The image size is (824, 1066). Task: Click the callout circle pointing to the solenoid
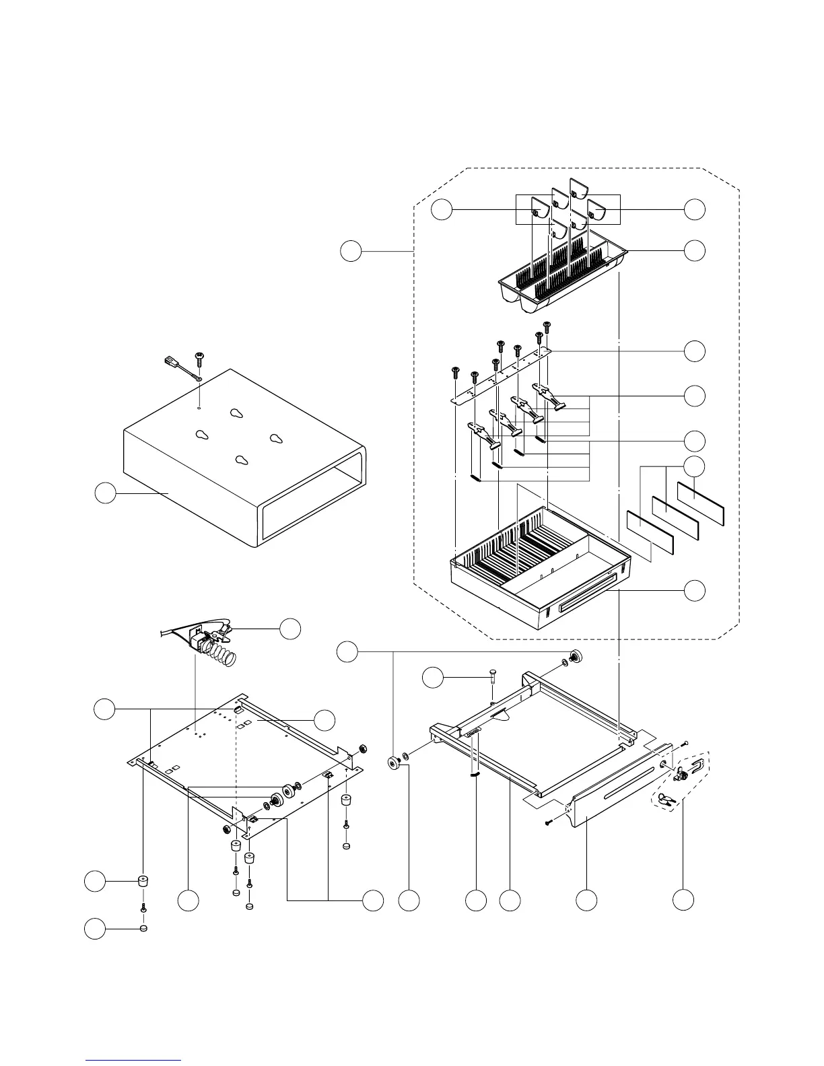(290, 629)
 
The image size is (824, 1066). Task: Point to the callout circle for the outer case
(104, 493)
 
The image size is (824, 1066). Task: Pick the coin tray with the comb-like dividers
(562, 279)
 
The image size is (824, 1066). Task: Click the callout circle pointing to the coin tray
(695, 250)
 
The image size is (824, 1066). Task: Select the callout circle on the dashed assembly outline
(350, 251)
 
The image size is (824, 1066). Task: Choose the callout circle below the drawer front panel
(587, 900)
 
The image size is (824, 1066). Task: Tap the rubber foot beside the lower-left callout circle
(143, 881)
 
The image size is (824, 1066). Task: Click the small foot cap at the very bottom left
(143, 929)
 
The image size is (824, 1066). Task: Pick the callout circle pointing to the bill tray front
(695, 591)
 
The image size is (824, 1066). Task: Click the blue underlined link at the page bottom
(133, 1059)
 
